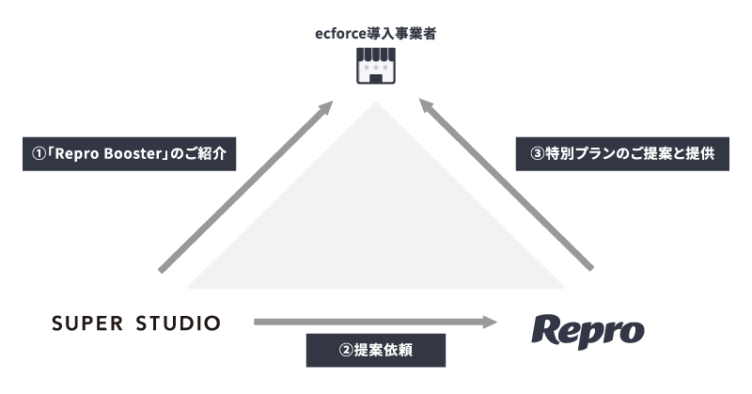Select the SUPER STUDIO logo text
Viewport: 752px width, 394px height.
coord(136,323)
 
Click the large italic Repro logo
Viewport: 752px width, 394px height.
coord(587,330)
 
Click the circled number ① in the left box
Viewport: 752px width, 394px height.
coord(37,154)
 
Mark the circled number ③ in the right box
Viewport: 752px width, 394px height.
coord(538,154)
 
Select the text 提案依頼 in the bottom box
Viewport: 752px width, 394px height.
coord(384,351)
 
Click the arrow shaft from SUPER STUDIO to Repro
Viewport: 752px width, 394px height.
coord(367,323)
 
